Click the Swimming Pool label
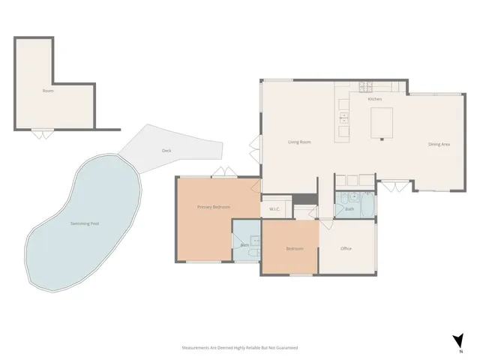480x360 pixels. tap(84, 224)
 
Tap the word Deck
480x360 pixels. tap(166, 151)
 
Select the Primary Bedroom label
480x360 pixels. tap(213, 207)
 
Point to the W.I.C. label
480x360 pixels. tap(274, 208)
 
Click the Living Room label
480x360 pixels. tap(300, 142)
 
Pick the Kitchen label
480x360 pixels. tap(375, 99)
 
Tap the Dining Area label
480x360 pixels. tap(439, 144)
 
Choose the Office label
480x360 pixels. tap(346, 248)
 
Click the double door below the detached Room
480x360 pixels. tap(42, 134)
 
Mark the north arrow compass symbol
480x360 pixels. tap(459, 340)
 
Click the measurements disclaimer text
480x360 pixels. tap(240, 348)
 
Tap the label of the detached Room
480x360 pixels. tap(48, 91)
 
